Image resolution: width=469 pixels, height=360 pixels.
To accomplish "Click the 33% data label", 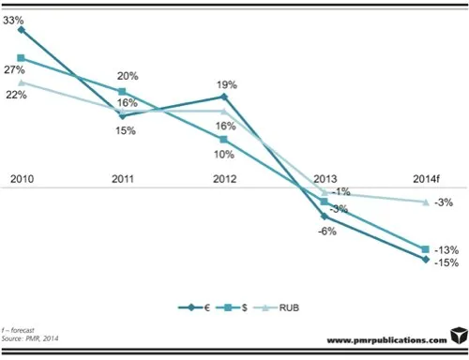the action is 13,21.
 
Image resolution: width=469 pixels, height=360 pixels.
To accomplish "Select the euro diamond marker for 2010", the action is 22,30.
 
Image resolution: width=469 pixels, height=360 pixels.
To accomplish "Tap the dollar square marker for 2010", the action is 21,58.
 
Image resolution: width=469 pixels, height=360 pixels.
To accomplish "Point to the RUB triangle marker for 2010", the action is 22,82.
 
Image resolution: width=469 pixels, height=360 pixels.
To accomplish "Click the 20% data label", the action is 128,76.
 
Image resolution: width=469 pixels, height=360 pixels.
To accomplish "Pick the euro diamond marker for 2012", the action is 224,97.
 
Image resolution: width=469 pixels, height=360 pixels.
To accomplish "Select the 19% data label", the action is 227,84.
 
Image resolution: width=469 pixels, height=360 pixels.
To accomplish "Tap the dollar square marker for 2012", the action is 223,140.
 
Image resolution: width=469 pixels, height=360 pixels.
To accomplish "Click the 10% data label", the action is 224,155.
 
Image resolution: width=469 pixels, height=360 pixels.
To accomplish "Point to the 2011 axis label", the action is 123,179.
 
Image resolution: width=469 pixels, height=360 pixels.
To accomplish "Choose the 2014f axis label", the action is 427,179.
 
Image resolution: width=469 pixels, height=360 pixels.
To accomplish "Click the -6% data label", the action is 327,232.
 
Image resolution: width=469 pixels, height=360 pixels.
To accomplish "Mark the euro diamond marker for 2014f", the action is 426,259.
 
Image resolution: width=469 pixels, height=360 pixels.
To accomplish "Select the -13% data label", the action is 446,250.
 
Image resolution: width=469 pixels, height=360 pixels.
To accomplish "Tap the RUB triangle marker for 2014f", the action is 426,202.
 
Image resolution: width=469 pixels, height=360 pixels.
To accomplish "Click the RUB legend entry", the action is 277,307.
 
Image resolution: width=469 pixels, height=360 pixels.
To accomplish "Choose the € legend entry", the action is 194,307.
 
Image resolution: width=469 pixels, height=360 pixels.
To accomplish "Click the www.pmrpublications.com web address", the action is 386,340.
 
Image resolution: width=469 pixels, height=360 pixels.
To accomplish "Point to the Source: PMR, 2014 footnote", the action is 30,338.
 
